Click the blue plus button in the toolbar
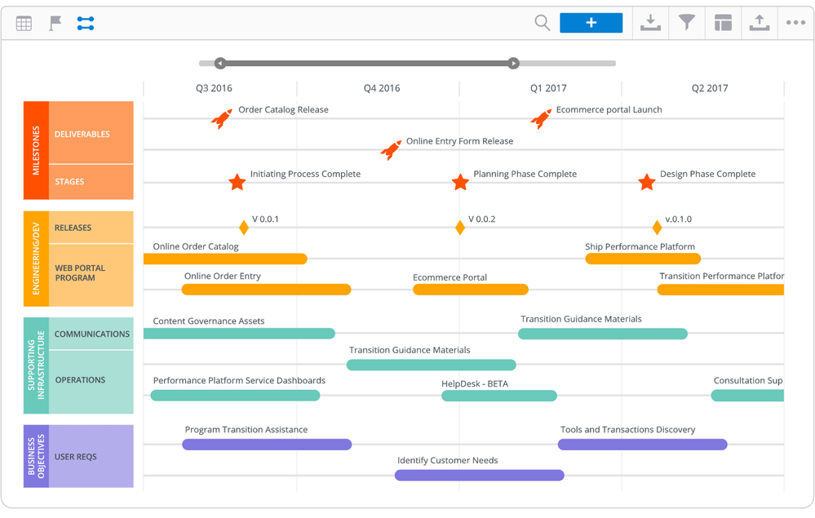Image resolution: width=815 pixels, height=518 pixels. [591, 23]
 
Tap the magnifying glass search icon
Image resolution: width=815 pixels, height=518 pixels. [542, 23]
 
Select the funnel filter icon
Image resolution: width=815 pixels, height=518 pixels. [687, 23]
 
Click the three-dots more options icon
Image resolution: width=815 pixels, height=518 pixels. [795, 23]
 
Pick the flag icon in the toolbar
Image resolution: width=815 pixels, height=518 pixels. [55, 24]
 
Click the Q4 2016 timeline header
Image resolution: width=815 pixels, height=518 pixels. [382, 88]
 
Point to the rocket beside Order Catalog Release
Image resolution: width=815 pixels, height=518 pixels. [221, 119]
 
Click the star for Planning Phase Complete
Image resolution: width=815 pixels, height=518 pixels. [460, 182]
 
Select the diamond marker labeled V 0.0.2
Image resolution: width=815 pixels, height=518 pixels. [460, 228]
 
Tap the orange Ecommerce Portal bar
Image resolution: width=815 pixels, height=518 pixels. [470, 290]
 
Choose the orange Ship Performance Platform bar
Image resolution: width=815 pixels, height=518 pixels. [643, 259]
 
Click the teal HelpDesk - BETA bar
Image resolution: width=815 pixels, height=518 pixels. [498, 396]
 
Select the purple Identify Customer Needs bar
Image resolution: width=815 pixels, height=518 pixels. [479, 475]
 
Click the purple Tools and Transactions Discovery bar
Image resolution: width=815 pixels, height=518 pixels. [642, 445]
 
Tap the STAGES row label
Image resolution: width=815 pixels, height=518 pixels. [69, 182]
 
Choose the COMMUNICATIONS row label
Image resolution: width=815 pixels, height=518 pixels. [91, 334]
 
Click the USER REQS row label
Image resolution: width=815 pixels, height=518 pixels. [75, 457]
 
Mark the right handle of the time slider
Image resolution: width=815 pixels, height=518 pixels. [513, 63]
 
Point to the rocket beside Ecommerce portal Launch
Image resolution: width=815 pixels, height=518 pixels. [540, 119]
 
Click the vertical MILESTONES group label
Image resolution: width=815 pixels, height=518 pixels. [36, 150]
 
